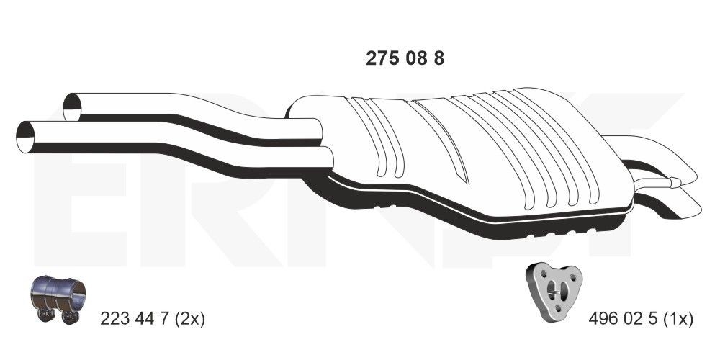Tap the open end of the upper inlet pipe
pyautogui.click(x=73, y=107)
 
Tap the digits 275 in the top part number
pyautogui.click(x=381, y=59)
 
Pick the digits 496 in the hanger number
pyautogui.click(x=603, y=318)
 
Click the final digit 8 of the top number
pyautogui.click(x=438, y=59)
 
